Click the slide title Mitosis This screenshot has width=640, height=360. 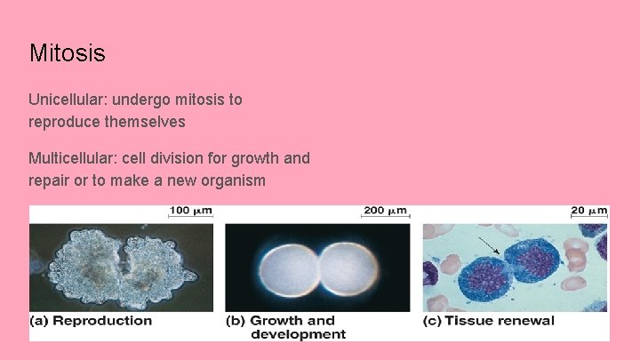tap(67, 53)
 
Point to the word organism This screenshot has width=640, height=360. tap(235, 180)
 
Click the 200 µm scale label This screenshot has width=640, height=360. tap(385, 211)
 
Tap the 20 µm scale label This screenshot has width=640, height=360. tap(589, 211)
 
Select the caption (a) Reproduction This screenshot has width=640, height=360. tap(91, 321)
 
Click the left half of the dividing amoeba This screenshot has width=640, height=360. tap(85, 267)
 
